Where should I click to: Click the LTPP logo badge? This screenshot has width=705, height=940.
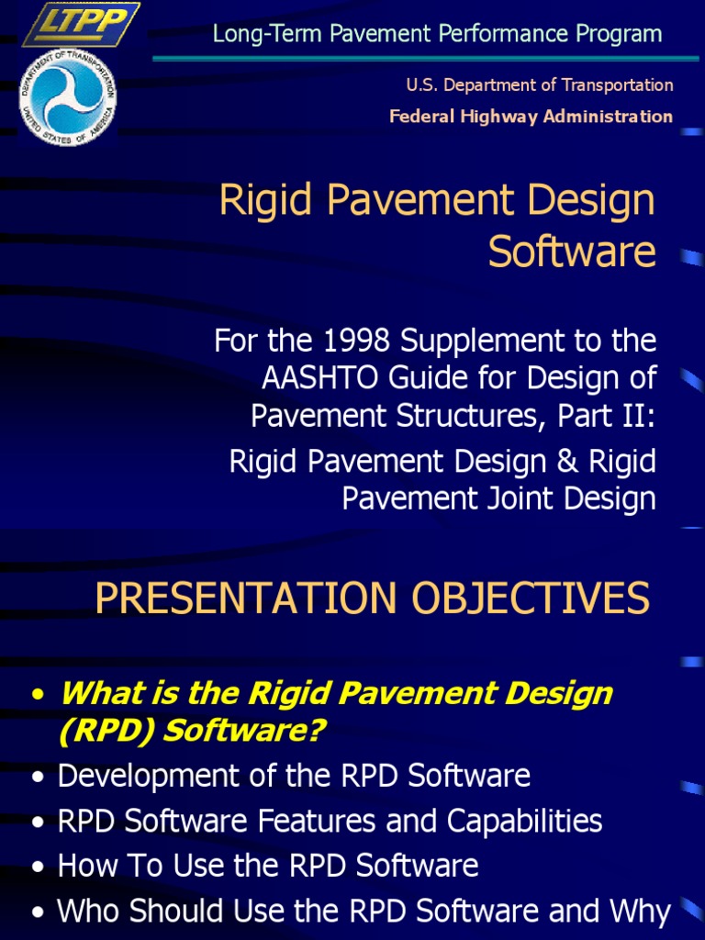click(80, 24)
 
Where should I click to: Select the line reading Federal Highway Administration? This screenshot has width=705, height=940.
click(531, 116)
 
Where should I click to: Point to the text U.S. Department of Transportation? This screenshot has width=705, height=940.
click(540, 85)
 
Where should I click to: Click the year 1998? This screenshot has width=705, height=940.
click(345, 341)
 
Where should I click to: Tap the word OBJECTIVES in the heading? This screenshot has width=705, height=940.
click(531, 599)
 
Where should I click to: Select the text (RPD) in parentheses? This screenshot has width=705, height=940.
click(96, 732)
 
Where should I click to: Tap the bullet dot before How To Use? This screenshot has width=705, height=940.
click(38, 867)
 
